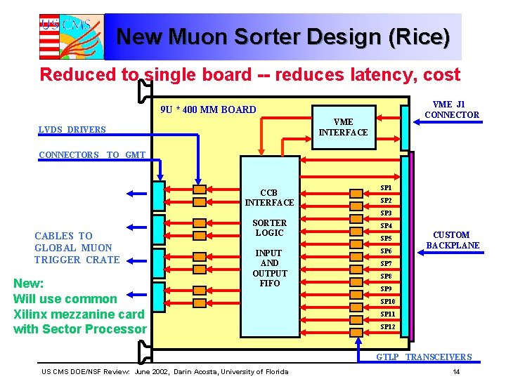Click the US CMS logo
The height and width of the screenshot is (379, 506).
(65, 36)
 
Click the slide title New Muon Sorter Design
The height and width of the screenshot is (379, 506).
(283, 36)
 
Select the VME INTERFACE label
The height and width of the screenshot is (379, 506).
(343, 127)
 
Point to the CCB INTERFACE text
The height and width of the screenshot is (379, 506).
(269, 197)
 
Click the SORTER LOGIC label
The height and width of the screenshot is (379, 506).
(269, 227)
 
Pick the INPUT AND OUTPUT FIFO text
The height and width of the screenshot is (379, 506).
(269, 268)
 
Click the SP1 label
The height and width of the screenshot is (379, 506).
(386, 188)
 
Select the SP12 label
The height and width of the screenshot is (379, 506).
(387, 326)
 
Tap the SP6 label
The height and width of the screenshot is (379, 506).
(386, 251)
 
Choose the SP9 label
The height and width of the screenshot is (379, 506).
(386, 289)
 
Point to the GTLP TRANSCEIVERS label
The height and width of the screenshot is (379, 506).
(424, 357)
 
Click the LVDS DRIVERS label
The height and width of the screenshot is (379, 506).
(72, 129)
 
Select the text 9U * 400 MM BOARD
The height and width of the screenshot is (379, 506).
(208, 109)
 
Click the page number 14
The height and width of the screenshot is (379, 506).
(456, 371)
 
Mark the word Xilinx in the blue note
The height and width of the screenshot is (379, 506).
(33, 314)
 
